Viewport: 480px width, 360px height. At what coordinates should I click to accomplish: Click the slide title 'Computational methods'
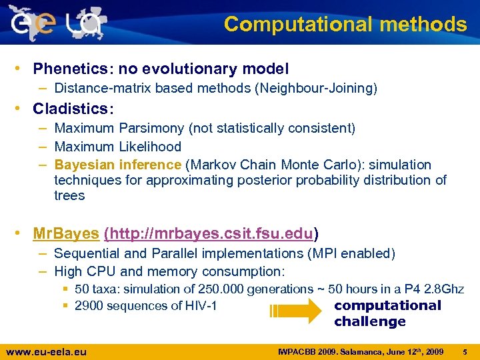345,24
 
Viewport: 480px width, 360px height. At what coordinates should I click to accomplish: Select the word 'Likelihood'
149,147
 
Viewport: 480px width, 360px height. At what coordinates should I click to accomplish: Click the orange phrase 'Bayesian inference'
117,165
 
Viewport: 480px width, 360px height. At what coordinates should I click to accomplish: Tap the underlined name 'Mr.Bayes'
66,234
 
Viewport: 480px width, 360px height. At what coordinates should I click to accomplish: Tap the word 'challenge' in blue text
369,322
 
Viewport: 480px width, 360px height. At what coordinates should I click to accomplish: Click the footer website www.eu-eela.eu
46,351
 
